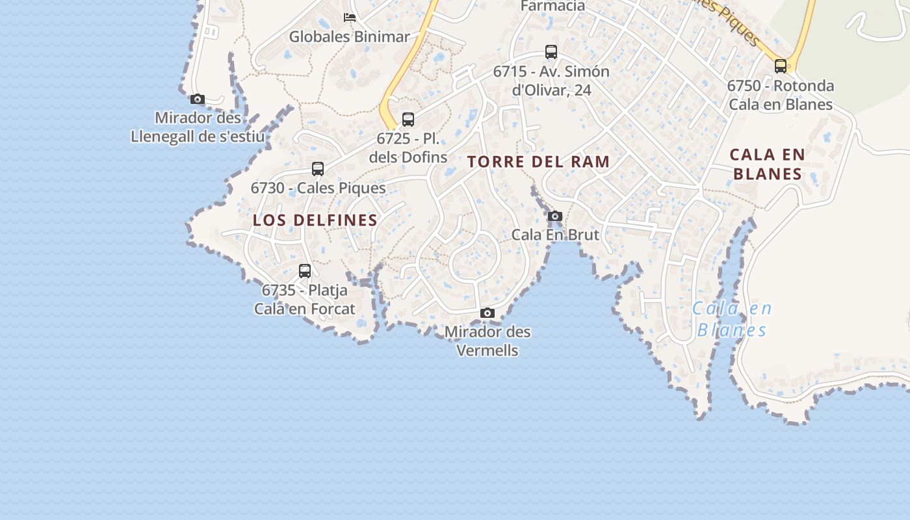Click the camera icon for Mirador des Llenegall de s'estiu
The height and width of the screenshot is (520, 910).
[x=198, y=99]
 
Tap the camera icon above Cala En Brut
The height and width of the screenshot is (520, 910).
[x=554, y=216]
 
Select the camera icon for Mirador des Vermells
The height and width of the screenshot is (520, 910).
[x=487, y=313]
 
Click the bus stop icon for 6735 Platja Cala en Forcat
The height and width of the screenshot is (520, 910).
[x=305, y=271]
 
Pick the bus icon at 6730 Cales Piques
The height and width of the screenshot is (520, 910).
[x=318, y=169]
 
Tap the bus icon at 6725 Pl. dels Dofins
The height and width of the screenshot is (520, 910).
[x=408, y=120]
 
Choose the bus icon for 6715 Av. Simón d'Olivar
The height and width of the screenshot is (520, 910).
[x=551, y=52]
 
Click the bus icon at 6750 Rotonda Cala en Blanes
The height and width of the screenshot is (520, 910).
[x=781, y=66]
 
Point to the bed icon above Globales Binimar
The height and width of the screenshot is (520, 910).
[x=350, y=18]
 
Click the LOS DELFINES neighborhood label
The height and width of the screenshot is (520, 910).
[x=315, y=220]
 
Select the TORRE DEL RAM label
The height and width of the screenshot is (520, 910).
[x=539, y=162]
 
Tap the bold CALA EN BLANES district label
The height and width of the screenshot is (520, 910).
[x=767, y=164]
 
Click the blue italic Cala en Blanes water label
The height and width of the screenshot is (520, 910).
[x=732, y=319]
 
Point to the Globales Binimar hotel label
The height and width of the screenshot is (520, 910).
[x=350, y=37]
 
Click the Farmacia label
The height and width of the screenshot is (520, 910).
[x=553, y=6]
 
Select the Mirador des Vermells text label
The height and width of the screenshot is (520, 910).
[x=487, y=341]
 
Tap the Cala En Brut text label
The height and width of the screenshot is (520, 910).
[x=555, y=235]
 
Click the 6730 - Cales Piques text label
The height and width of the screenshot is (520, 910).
[x=318, y=188]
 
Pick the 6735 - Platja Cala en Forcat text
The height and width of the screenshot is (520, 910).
[x=305, y=300]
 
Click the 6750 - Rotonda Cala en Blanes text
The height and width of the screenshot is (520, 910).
[x=781, y=95]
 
